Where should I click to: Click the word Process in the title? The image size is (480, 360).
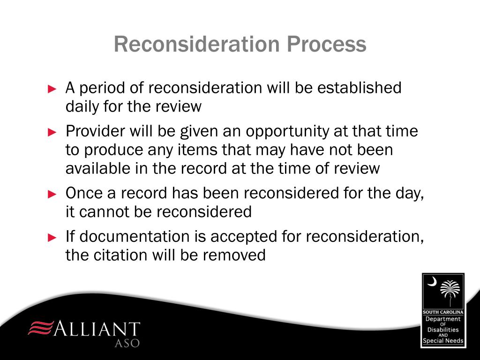point(327,45)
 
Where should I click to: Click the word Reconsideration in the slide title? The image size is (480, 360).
point(197,45)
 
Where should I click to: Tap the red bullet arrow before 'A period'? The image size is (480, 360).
point(52,89)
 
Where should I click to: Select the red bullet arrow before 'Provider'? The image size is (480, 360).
point(52,132)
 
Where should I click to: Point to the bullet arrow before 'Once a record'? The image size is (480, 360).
point(52,194)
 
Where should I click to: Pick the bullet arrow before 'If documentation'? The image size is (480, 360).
point(52,237)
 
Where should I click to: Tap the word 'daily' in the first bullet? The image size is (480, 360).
point(81,107)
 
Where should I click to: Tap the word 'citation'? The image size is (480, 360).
point(121,255)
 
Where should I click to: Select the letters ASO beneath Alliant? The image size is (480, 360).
point(127,343)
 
